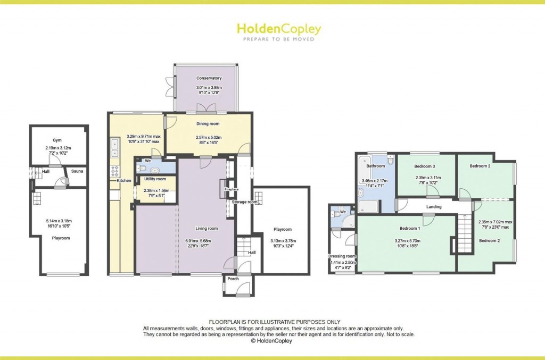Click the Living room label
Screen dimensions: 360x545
click(207, 229)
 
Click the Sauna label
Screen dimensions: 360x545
click(77, 171)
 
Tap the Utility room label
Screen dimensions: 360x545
click(155, 179)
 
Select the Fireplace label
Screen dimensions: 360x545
click(232, 189)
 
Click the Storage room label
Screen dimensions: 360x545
click(244, 202)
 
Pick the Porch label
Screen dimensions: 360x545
click(233, 279)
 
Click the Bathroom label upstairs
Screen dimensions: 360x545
click(375, 166)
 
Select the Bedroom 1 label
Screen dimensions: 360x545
click(410, 229)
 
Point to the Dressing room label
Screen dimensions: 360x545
click(343, 256)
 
